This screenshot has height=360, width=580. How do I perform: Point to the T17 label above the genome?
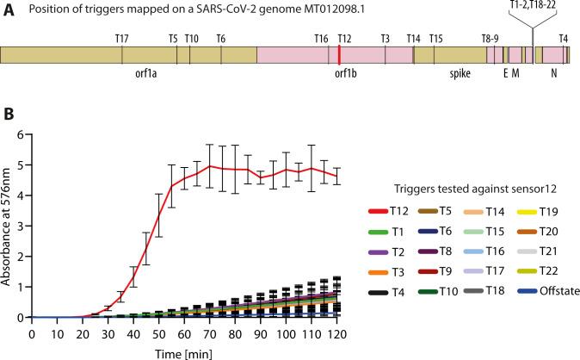click(x=121, y=39)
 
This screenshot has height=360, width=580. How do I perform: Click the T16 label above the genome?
click(x=322, y=39)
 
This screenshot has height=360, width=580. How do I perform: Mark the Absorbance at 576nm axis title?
click(x=7, y=226)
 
